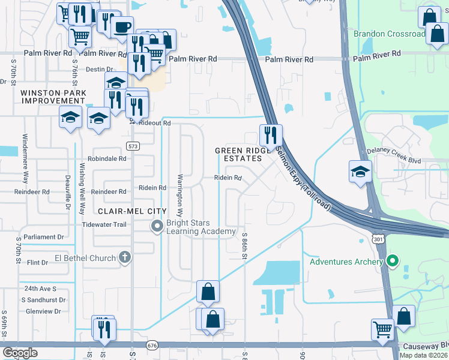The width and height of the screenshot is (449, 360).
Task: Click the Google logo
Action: click(20, 352)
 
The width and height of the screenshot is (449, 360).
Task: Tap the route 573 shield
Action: click(133, 146)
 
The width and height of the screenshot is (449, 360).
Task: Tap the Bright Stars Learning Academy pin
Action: click(157, 226)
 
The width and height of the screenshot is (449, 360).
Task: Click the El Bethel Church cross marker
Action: click(125, 257)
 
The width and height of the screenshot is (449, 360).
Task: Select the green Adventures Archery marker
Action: click(393, 261)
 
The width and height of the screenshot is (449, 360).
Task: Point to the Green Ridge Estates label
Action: click(239, 154)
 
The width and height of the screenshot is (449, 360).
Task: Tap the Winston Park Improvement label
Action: click(53, 97)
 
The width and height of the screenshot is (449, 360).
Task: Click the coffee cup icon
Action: click(122, 27)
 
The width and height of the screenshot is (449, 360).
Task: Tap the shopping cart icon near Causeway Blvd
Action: click(382, 329)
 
